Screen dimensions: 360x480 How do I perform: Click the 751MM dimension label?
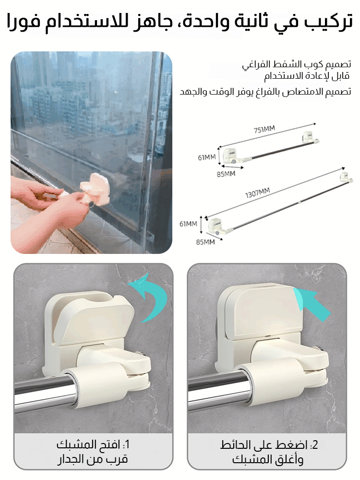click(264, 130)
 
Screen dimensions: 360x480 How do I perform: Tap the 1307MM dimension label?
click(257, 193)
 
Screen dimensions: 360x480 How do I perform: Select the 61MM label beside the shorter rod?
click(206, 157)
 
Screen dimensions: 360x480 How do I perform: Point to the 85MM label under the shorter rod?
click(226, 174)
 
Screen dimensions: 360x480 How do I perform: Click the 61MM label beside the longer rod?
click(188, 224)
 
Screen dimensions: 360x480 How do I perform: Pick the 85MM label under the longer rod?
click(205, 242)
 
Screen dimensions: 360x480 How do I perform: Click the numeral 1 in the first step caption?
click(127, 444)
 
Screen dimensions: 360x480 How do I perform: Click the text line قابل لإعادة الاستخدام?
click(307, 76)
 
